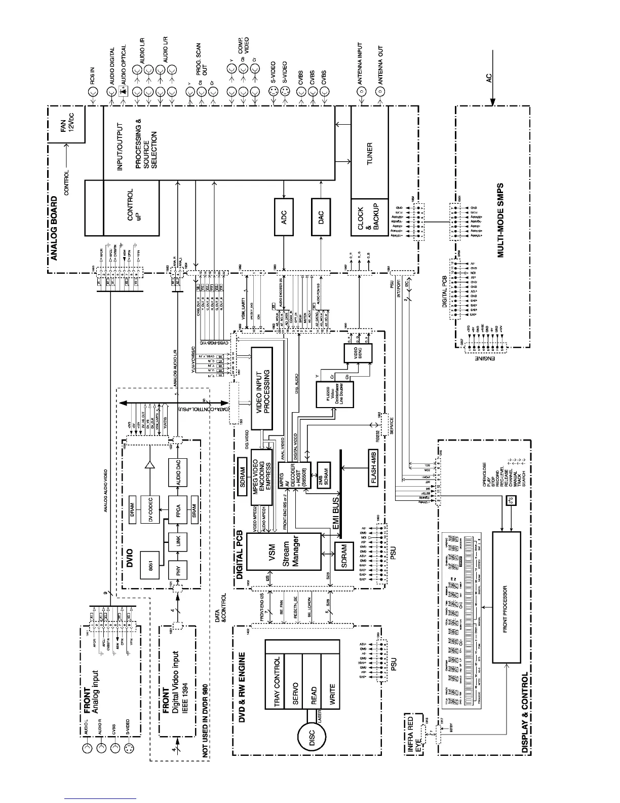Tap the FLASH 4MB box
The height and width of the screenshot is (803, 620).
point(374,468)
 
